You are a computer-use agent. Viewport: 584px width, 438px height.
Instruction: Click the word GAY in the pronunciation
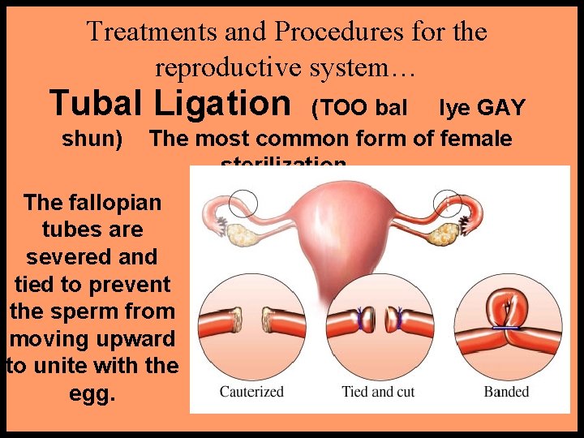pyautogui.click(x=500, y=107)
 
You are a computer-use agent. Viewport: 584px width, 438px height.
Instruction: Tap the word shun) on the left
pyautogui.click(x=92, y=139)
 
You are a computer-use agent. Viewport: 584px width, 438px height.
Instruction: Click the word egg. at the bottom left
pyautogui.click(x=92, y=394)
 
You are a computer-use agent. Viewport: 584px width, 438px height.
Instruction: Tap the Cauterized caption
pyautogui.click(x=251, y=392)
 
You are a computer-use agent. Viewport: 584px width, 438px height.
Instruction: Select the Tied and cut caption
pyautogui.click(x=378, y=392)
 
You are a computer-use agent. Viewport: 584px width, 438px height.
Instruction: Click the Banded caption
pyautogui.click(x=506, y=392)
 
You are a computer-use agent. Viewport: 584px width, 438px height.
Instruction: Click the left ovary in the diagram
pyautogui.click(x=241, y=236)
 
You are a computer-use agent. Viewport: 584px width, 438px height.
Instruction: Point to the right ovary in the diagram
pyautogui.click(x=444, y=235)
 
